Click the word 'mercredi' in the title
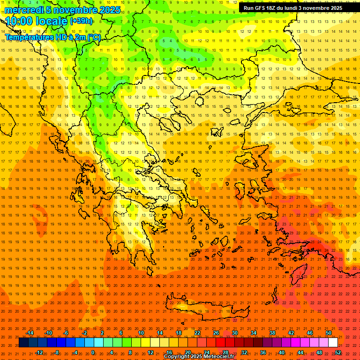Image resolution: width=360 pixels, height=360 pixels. tap(24, 10)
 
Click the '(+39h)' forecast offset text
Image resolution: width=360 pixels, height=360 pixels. tap(81, 21)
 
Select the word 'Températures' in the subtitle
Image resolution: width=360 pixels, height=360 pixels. tap(30, 37)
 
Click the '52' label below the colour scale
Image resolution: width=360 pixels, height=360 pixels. tap(338, 352)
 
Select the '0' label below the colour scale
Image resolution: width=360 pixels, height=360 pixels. tap(93, 352)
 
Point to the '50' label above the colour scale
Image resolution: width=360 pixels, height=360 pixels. tap(329, 333)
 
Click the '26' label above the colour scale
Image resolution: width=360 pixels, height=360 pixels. tap(216, 333)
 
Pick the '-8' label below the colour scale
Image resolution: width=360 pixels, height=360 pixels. tap(56, 352)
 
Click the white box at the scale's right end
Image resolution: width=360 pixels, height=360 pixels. tap(333, 343)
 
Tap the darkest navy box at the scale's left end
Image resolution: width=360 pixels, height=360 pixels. tap(23, 343)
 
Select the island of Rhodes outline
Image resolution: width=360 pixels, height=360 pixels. tap(300, 272)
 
